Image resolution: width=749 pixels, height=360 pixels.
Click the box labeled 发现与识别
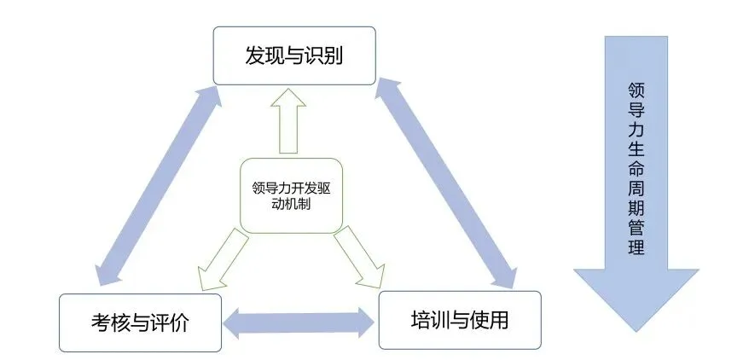(x=294, y=55)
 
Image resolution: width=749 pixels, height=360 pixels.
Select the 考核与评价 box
(x=140, y=323)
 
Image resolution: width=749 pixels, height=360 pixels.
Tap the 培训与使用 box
(x=460, y=320)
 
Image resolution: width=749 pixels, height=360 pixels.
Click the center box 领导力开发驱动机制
(x=291, y=195)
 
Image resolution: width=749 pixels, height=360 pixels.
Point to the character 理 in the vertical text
(x=635, y=249)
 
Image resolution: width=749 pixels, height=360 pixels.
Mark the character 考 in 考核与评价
(x=101, y=323)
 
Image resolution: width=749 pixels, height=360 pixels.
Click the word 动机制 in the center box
(x=291, y=204)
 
